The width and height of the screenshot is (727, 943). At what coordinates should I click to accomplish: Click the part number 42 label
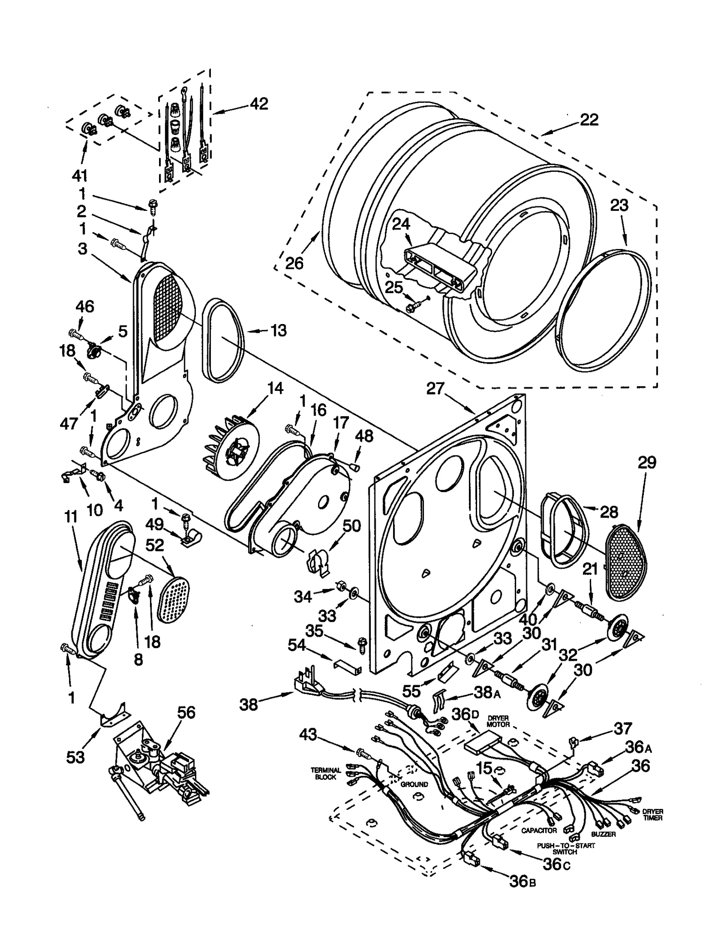tap(259, 104)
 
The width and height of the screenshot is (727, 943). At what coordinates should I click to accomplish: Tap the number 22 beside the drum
tap(589, 120)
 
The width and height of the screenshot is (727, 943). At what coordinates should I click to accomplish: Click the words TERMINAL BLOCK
tap(325, 773)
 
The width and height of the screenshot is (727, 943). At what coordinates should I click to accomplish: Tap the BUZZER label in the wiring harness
tap(603, 834)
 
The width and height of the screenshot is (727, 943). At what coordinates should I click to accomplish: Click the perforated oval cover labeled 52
tap(174, 600)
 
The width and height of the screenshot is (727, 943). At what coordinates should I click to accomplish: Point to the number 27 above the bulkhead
tap(435, 389)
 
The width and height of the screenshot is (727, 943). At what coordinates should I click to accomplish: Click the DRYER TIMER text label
tap(652, 814)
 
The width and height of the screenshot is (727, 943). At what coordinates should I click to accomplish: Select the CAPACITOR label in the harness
tap(539, 830)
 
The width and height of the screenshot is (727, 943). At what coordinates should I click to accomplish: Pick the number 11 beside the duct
tap(71, 517)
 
